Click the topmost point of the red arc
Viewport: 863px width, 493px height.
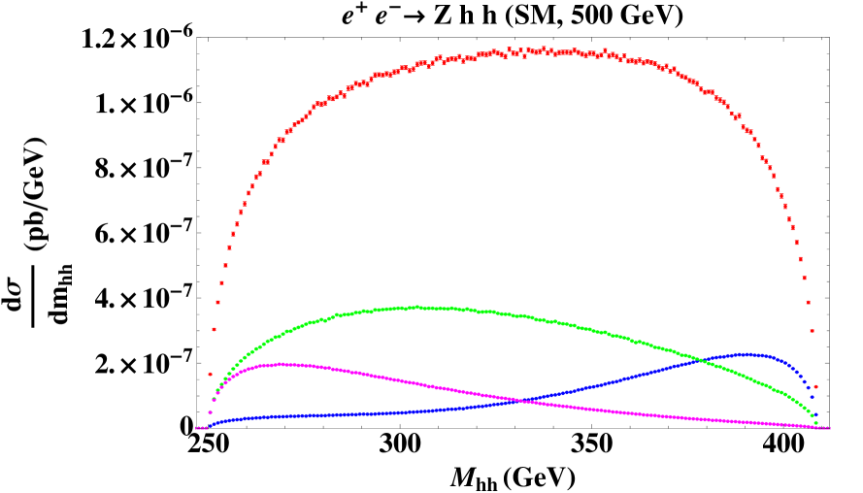532,49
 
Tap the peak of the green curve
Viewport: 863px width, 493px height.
417,307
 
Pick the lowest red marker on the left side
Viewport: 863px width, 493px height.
210,374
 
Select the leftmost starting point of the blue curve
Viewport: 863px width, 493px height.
210,425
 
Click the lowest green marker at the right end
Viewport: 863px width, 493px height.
815,422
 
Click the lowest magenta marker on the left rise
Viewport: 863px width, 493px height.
210,411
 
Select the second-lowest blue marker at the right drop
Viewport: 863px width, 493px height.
813,397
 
